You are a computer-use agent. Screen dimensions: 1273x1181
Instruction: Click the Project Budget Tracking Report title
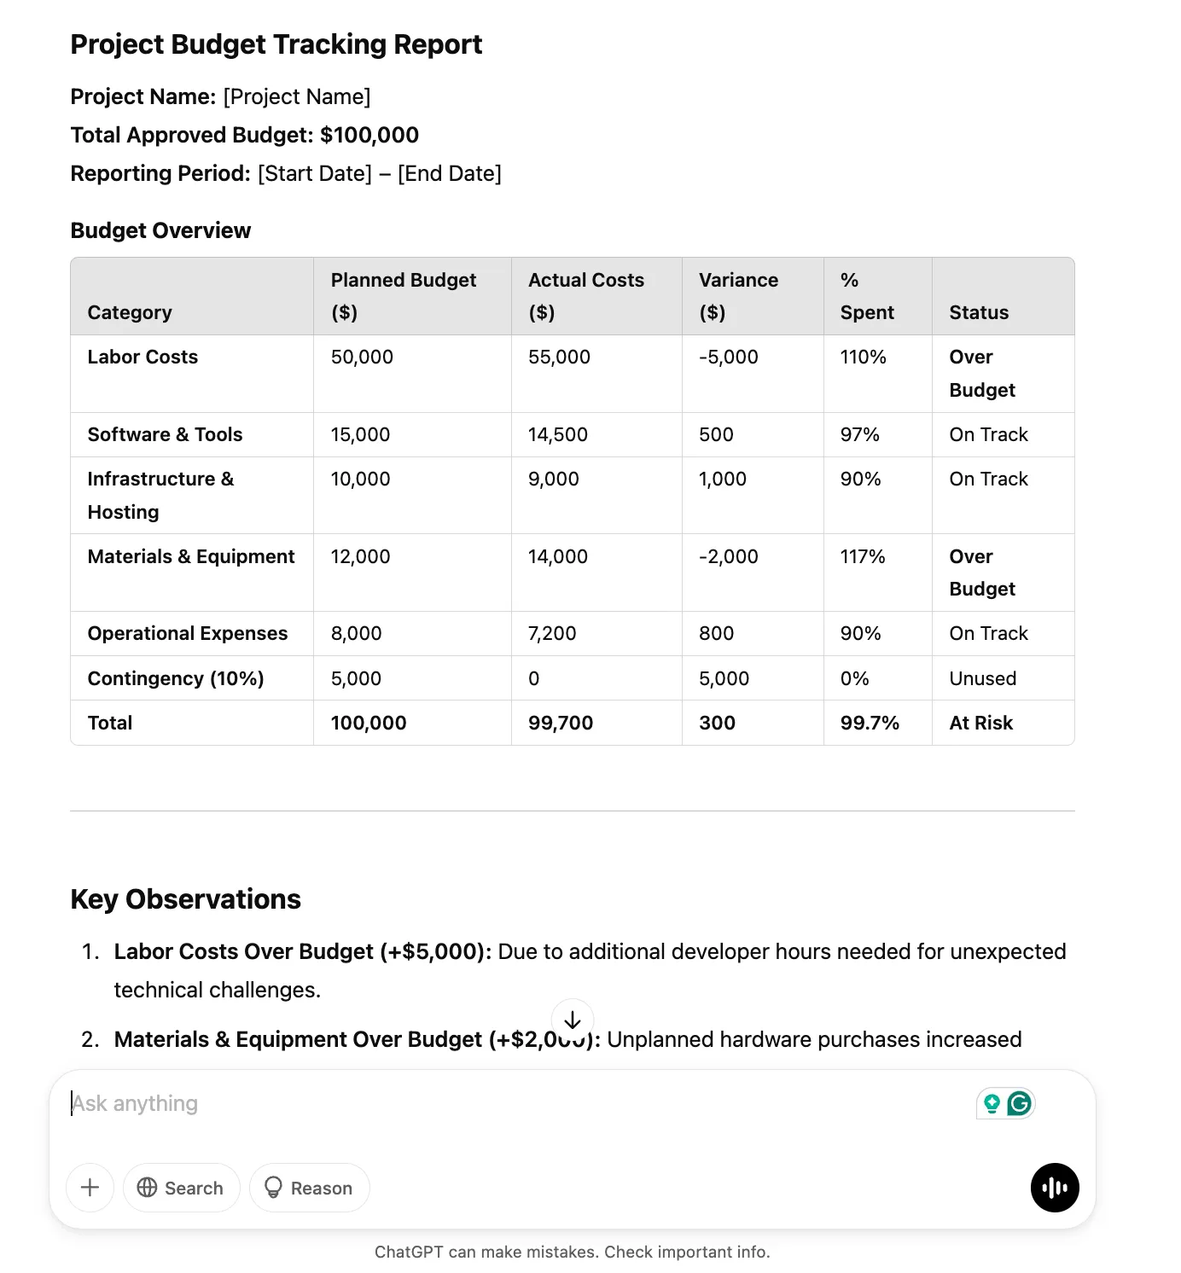(276, 44)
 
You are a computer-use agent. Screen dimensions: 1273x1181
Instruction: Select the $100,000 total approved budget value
(369, 135)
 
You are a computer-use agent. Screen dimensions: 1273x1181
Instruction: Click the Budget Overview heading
(160, 230)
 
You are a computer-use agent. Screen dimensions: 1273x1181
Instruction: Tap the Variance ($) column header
(738, 295)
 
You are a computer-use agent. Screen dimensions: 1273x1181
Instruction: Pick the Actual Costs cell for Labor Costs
(559, 357)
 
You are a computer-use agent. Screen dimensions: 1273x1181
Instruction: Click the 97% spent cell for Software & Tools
(859, 434)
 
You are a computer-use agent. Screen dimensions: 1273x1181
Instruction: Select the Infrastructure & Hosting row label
(160, 495)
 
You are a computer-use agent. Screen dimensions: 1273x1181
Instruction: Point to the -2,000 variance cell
(728, 556)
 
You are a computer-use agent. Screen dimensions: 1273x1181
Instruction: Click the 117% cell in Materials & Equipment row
(862, 556)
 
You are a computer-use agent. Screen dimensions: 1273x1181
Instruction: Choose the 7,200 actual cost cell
(552, 633)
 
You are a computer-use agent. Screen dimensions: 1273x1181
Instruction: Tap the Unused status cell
(982, 678)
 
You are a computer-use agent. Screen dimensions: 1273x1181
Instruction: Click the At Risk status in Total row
(980, 723)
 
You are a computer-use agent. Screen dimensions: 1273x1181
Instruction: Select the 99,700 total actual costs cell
(560, 723)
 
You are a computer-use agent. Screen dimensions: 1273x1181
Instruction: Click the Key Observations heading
(185, 899)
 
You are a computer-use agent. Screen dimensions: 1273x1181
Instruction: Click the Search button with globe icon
(181, 1188)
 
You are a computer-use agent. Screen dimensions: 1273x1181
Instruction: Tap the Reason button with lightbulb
(309, 1188)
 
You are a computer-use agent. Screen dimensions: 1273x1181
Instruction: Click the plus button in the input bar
(90, 1188)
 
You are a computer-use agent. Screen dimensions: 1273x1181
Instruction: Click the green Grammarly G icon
(1020, 1103)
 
